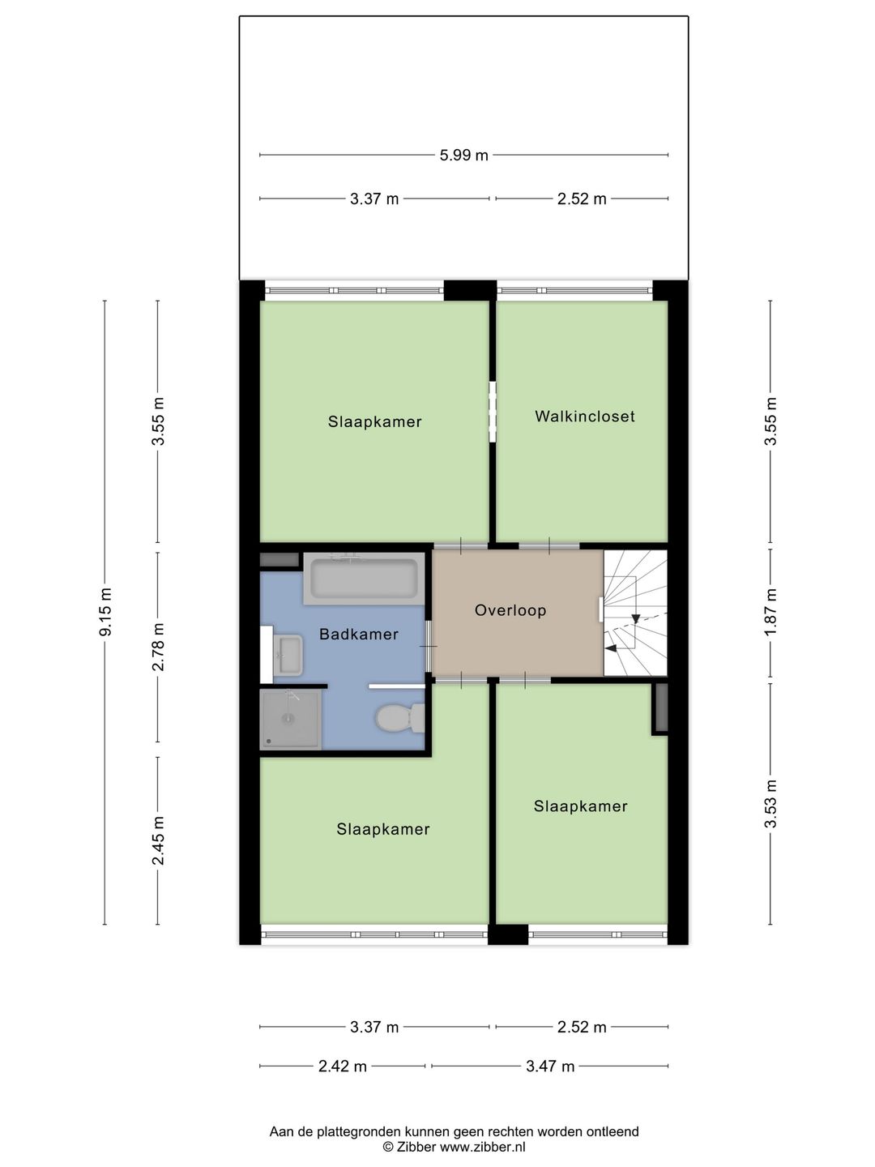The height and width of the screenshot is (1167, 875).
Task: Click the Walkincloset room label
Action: click(584, 417)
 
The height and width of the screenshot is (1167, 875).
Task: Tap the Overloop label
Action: click(510, 610)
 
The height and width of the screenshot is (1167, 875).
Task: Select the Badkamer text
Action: click(358, 635)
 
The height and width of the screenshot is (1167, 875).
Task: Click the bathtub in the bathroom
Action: click(364, 579)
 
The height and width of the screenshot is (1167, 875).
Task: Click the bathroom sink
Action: click(288, 655)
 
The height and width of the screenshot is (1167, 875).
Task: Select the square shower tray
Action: click(289, 719)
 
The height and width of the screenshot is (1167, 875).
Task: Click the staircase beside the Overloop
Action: click(636, 613)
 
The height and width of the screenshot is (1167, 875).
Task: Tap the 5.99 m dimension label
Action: click(463, 155)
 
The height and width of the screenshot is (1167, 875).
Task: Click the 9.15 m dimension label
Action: click(105, 612)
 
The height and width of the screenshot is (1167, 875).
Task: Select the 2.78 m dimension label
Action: click(159, 647)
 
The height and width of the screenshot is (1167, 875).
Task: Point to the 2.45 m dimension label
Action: click(159, 840)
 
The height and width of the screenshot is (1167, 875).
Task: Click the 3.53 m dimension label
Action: click(770, 804)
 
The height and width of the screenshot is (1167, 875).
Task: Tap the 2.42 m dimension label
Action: click(342, 1067)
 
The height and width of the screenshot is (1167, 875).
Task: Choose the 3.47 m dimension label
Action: click(550, 1067)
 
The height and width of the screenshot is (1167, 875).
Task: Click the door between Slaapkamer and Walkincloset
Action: click(492, 412)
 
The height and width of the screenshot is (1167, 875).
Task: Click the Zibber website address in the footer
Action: click(482, 1147)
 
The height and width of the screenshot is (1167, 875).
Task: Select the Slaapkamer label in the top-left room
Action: click(374, 421)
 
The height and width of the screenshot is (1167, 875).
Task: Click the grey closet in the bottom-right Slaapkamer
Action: click(660, 708)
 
